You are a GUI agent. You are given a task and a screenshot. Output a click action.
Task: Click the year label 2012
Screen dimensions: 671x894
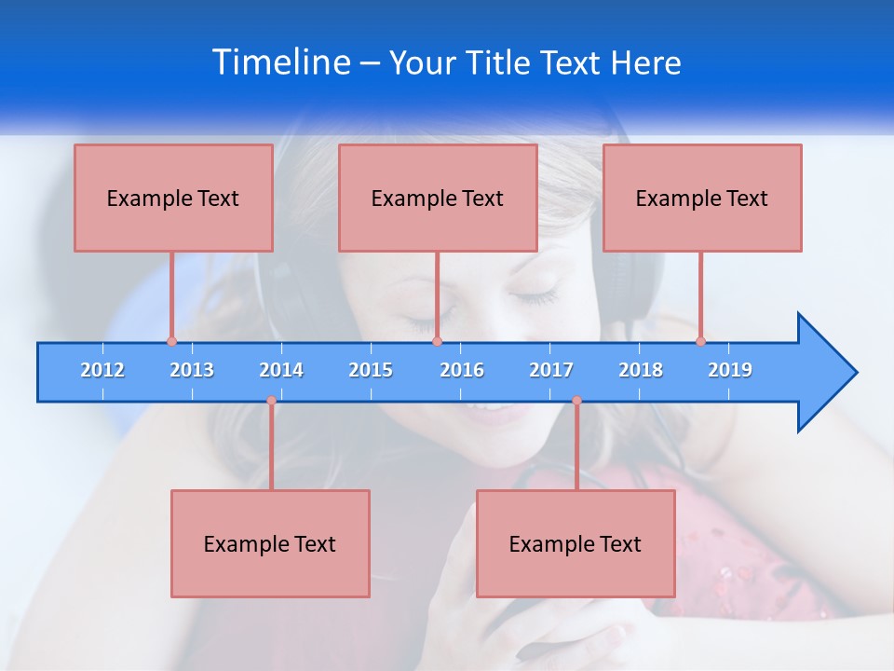102,370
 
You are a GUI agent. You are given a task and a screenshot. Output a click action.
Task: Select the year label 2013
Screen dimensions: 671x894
192,370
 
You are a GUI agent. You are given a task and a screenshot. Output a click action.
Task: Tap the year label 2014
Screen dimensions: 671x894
281,370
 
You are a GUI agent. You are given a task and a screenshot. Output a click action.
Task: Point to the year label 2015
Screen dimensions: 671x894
371,370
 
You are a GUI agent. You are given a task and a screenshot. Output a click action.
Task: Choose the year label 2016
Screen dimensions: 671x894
462,370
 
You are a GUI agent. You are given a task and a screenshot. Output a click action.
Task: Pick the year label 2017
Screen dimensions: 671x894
551,370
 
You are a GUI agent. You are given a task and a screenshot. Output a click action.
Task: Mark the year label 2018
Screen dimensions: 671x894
641,370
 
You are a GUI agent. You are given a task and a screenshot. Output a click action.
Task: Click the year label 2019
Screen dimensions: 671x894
730,370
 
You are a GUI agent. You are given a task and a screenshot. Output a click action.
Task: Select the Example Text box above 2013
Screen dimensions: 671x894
173,198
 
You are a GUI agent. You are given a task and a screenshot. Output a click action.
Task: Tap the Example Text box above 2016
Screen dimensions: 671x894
438,198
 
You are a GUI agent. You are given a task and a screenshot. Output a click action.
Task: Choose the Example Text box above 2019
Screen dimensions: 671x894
702,198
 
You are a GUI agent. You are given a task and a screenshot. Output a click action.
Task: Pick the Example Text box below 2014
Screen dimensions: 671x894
270,543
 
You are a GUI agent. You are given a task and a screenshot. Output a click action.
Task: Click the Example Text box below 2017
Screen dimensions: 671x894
576,543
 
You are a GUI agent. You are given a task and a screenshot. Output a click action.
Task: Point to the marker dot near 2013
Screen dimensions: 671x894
171,341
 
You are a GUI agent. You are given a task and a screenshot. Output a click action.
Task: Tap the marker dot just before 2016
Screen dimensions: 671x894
438,341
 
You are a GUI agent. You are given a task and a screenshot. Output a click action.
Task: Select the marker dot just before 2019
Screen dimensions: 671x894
700,341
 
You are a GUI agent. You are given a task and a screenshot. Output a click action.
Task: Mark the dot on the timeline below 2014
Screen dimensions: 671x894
271,401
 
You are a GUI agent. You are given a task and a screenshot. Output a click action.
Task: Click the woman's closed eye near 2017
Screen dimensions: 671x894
534,297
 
